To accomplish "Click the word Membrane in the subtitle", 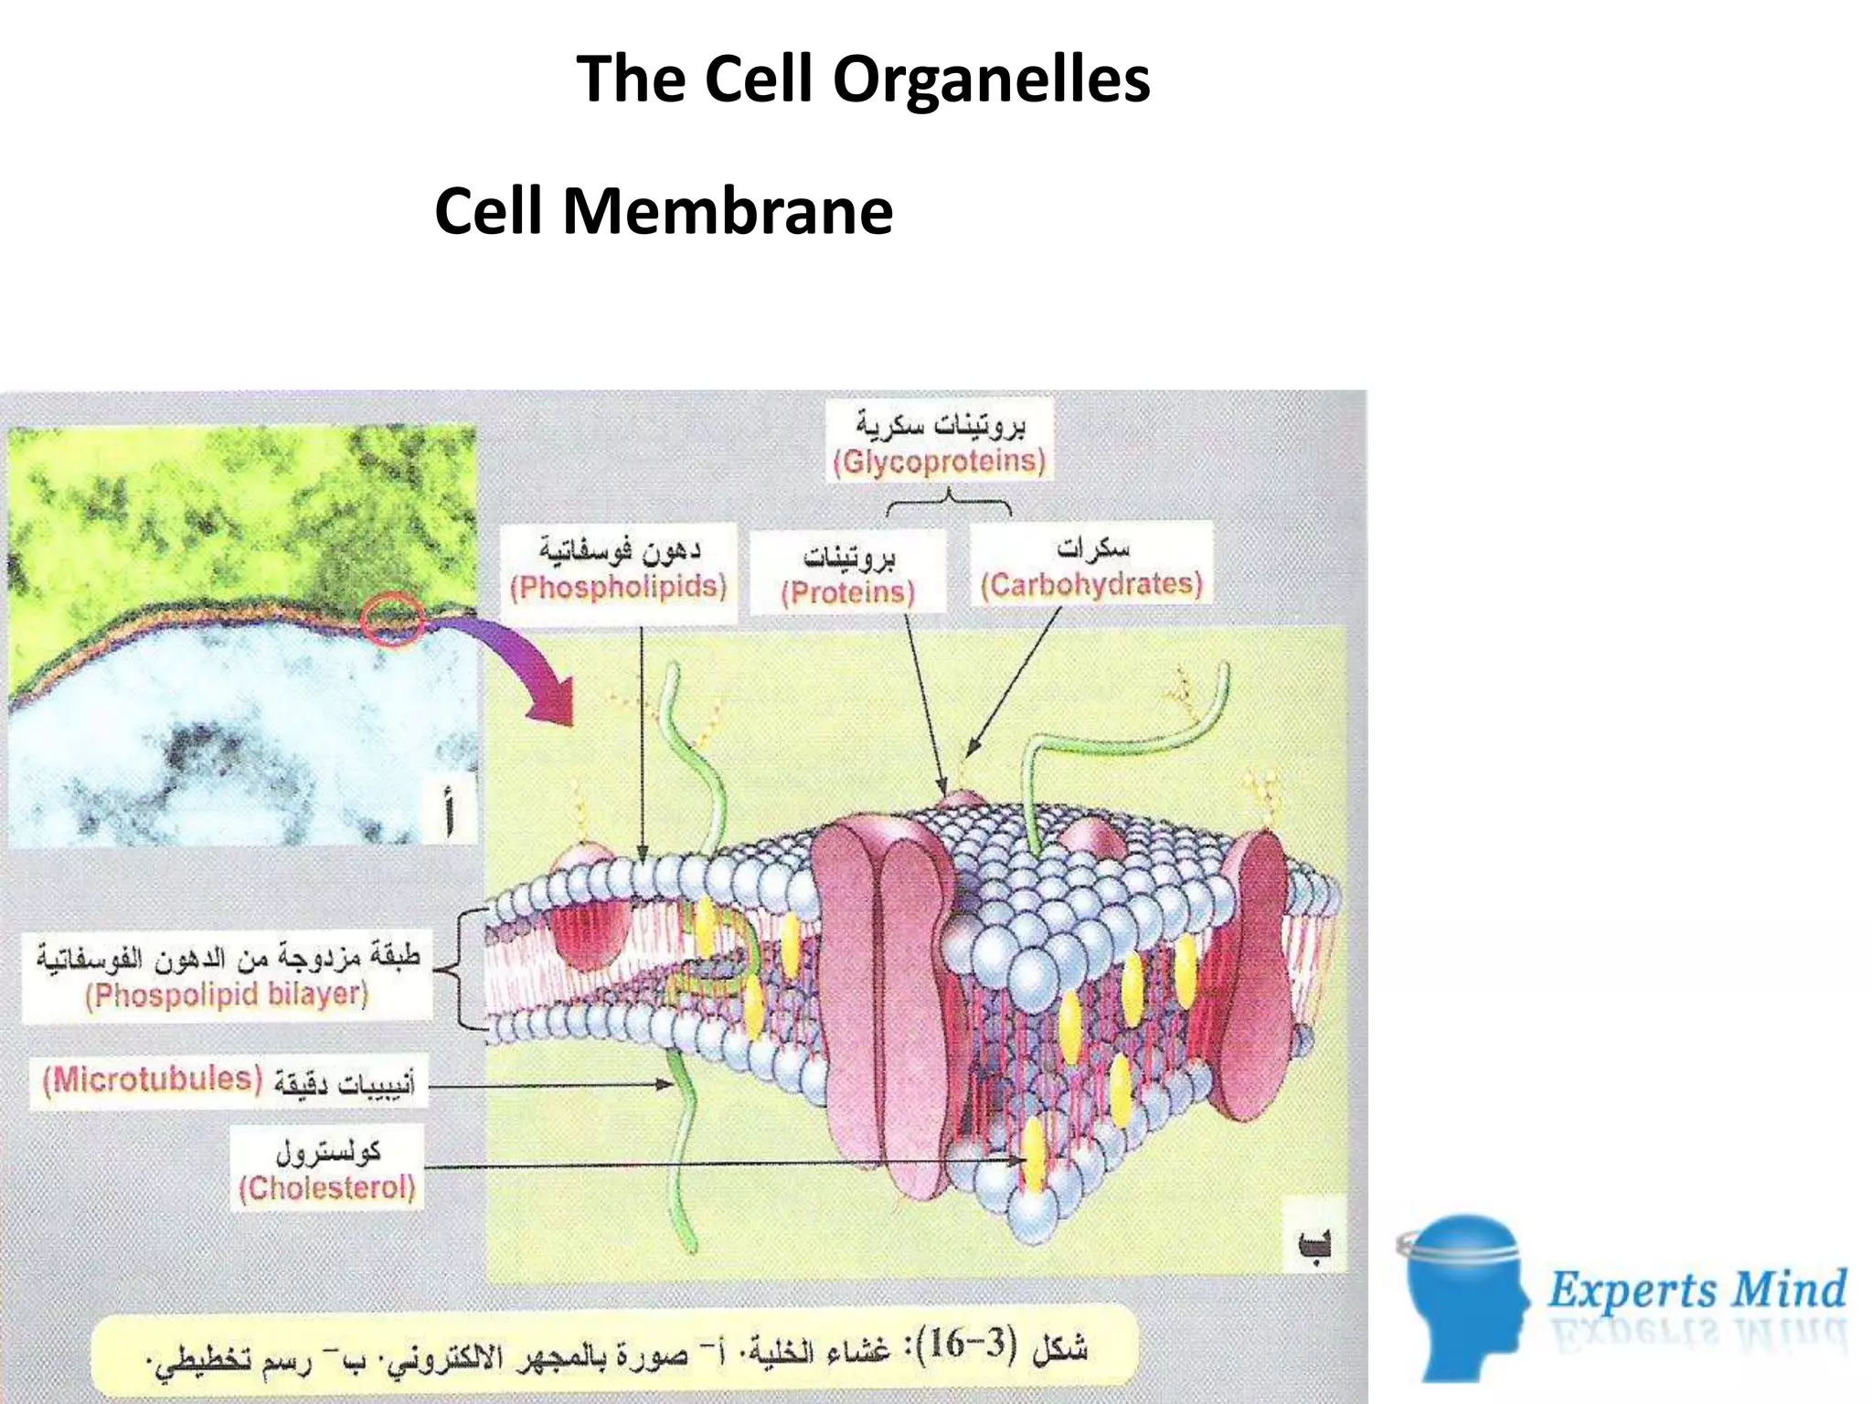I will coord(728,211).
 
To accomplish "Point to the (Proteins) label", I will coord(847,592).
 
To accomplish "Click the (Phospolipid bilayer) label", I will coord(227,994).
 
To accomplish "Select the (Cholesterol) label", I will coord(326,1188).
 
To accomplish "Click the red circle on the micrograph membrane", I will coord(391,619).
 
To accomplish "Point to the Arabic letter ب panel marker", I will coord(1314,1245).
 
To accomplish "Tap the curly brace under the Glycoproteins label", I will coord(949,502).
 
